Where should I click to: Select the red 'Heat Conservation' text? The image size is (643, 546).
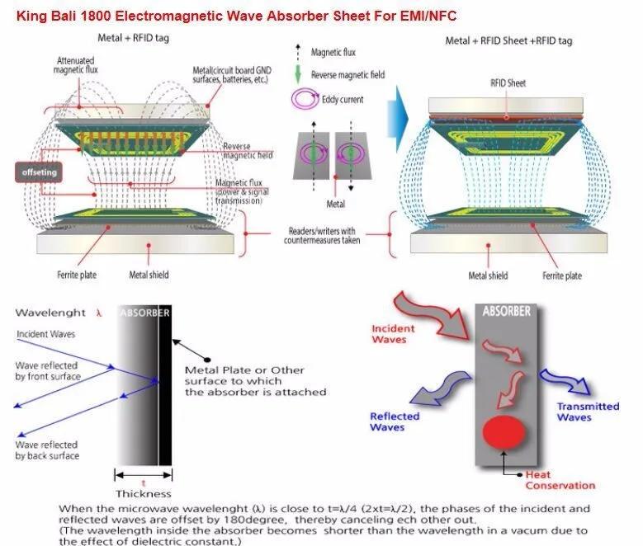pos(560,479)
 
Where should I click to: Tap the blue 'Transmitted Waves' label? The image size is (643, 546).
pos(587,411)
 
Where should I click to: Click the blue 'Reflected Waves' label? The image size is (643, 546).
pos(394,421)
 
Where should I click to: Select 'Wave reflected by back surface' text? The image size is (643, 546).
pos(48,450)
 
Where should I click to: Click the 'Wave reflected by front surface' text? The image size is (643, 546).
pos(48,370)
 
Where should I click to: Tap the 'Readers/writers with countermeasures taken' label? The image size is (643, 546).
pos(322,235)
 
